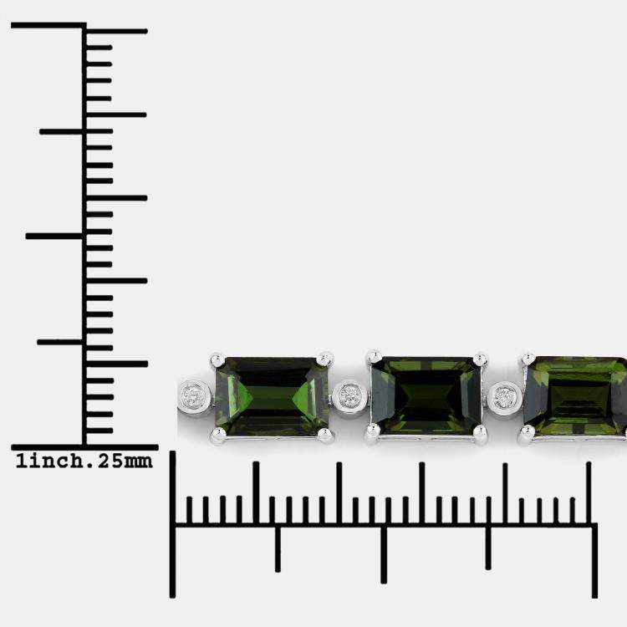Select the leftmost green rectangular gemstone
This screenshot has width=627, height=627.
coord(272,396)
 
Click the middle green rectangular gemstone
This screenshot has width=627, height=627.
coord(426,395)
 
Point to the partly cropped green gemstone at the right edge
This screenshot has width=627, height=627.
coord(575,395)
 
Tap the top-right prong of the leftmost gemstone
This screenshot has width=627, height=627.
coord(324,359)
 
